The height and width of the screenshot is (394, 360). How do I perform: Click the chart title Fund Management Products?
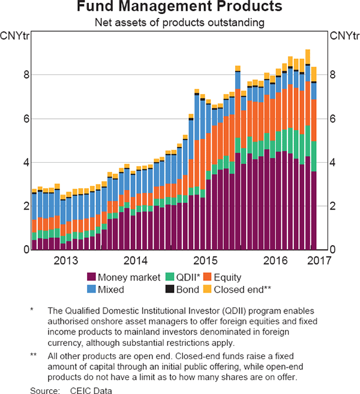pos(180,8)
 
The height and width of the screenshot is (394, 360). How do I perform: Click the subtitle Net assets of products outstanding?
pos(180,22)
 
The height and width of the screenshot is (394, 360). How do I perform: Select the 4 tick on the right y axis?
pos(333,162)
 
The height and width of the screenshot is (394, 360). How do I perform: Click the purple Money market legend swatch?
pos(92,277)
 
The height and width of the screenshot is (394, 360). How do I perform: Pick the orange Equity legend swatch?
pos(209,277)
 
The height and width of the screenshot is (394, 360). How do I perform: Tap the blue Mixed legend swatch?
pos(92,289)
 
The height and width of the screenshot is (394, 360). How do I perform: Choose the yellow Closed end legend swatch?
pos(209,289)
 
